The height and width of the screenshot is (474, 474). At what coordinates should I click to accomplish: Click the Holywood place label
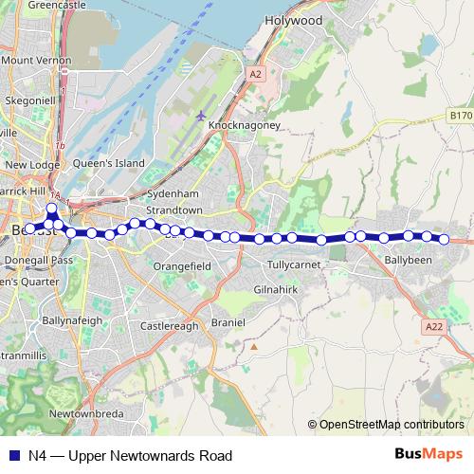point(294,20)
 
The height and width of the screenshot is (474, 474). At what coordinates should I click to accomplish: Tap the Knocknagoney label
point(247,126)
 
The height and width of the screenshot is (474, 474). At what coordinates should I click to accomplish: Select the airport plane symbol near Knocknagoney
point(201,116)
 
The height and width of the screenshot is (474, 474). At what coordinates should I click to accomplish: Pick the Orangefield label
point(182,267)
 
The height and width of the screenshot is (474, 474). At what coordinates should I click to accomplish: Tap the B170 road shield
point(460,115)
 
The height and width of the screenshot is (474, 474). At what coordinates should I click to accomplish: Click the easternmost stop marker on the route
point(443,239)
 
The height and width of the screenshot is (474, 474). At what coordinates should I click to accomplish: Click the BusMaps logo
point(427,455)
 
